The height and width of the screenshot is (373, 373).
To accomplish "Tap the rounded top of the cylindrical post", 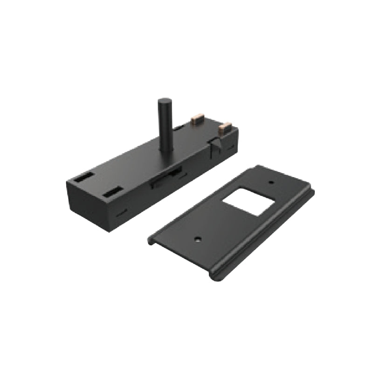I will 164,101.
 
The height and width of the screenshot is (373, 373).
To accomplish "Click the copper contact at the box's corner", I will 226,126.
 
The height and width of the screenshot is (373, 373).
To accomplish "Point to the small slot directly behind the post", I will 179,128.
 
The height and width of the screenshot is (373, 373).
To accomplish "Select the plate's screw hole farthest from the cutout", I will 198,239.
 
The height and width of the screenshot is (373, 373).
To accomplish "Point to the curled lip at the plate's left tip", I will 151,241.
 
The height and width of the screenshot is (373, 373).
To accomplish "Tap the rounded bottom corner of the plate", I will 215,277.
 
